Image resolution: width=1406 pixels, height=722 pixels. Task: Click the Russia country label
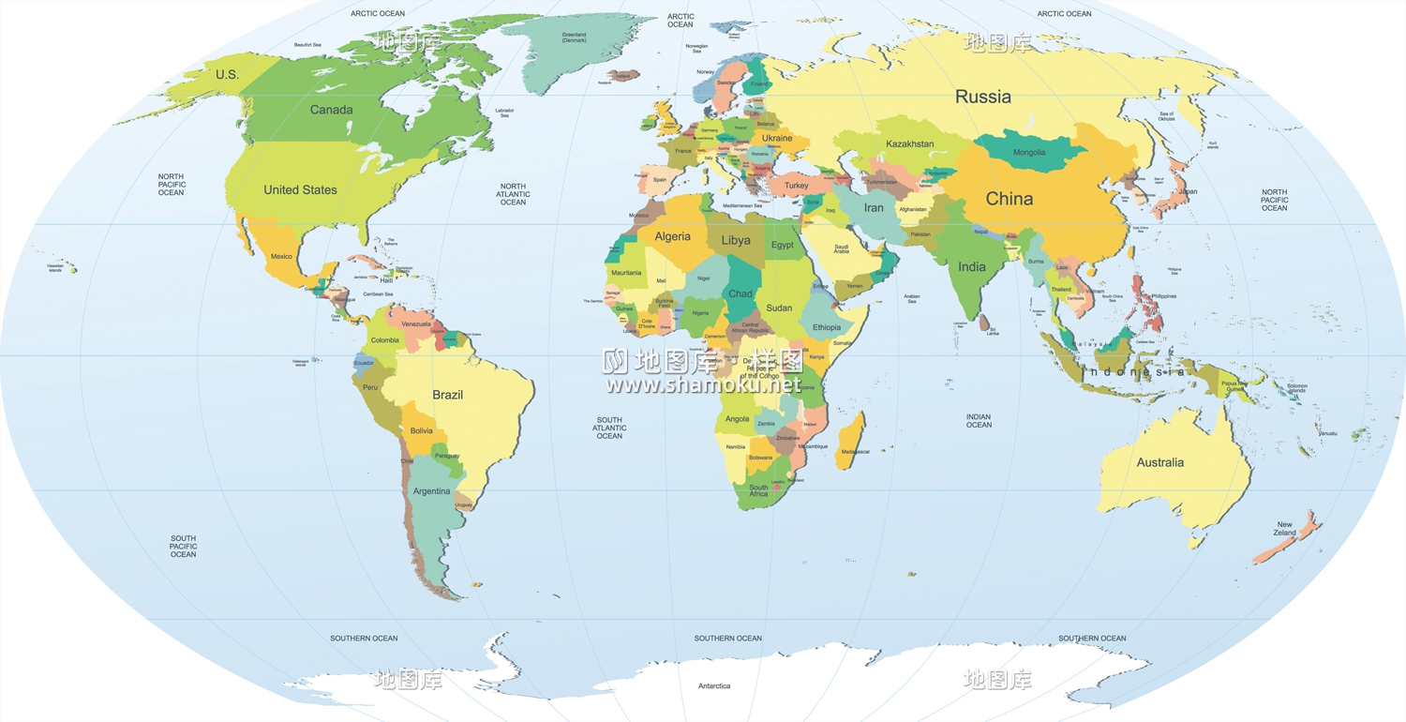click(983, 97)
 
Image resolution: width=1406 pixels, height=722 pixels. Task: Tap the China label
click(1010, 199)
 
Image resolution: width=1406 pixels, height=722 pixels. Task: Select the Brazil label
click(447, 395)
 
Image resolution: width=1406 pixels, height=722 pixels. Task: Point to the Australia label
click(1159, 462)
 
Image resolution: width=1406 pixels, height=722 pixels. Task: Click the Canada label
click(331, 110)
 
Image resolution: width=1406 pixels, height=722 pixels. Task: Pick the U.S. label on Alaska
click(227, 75)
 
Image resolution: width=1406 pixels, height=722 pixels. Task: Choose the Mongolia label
click(1029, 153)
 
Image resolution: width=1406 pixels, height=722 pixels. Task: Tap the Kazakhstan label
click(909, 143)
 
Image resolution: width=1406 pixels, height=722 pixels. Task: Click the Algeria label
click(672, 236)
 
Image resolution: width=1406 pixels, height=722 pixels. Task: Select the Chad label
click(740, 293)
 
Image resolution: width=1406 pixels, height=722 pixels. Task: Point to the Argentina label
click(431, 491)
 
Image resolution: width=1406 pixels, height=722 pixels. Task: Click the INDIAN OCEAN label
click(979, 421)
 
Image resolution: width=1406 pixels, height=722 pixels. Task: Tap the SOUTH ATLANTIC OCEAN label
click(609, 428)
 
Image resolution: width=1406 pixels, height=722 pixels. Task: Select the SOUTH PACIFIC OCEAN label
click(184, 547)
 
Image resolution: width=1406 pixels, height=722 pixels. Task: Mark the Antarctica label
click(714, 686)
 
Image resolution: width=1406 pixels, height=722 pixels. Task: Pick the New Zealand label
click(1284, 529)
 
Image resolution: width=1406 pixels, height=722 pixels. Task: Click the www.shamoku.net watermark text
click(703, 384)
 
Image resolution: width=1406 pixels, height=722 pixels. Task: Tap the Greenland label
click(574, 38)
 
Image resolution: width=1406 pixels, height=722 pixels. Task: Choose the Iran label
click(873, 208)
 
